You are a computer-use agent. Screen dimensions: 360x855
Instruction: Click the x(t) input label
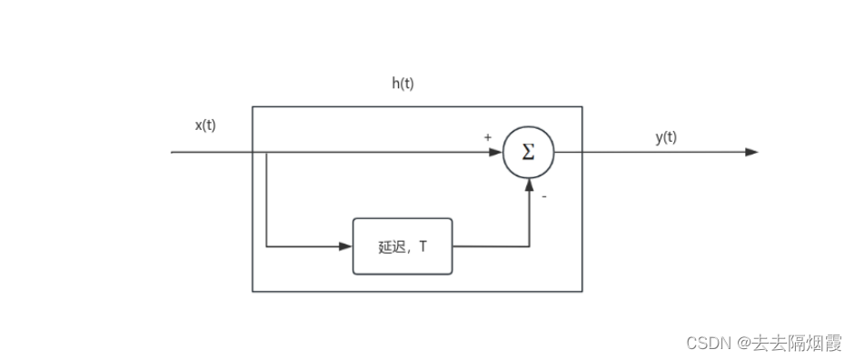(205, 125)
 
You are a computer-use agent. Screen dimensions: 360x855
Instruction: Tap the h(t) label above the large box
(403, 84)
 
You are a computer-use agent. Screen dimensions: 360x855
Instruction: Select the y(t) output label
(666, 137)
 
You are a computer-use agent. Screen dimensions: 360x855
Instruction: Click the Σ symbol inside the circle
(528, 153)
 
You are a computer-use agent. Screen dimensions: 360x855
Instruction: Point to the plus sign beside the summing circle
(488, 137)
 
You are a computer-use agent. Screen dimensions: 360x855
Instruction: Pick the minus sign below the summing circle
(544, 195)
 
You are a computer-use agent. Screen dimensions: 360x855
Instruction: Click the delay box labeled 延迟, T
(402, 245)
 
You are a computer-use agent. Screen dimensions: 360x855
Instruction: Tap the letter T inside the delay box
(423, 245)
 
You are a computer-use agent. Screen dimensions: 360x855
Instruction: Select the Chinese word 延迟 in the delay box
(391, 245)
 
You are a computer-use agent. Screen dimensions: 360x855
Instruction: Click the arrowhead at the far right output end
(751, 152)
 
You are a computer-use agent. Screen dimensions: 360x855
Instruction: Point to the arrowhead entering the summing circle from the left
(496, 152)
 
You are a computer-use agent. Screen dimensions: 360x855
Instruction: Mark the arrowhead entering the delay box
(346, 245)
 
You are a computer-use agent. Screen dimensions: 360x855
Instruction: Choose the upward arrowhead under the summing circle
(528, 184)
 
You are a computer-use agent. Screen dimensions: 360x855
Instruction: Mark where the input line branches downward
(266, 152)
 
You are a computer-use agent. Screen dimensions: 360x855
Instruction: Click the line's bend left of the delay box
(266, 245)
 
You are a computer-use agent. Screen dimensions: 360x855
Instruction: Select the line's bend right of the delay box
(528, 245)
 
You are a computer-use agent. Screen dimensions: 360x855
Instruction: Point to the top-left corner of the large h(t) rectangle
(253, 106)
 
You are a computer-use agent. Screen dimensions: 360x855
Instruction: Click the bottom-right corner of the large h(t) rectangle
(582, 291)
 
